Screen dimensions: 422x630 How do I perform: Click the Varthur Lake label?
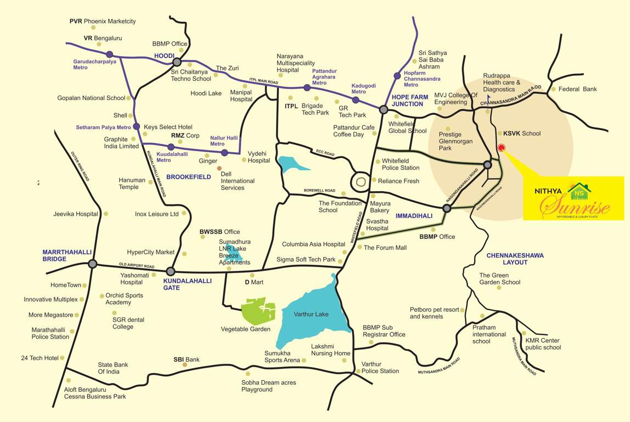[x=311, y=314]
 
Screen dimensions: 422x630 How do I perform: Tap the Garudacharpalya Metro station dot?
[x=110, y=54]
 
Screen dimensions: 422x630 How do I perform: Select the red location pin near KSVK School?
[x=500, y=148]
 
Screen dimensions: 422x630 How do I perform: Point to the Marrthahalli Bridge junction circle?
[x=92, y=264]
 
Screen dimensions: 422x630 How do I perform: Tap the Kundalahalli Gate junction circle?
[x=171, y=271]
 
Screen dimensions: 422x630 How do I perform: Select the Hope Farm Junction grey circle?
[x=384, y=109]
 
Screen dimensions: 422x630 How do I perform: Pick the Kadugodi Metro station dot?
[x=356, y=100]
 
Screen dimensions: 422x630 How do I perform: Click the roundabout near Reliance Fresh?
[x=361, y=180]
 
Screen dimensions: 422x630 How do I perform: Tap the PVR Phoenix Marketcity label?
[x=103, y=21]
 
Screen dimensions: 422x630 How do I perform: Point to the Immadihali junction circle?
[x=447, y=208]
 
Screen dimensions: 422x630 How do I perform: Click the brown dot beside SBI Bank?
[x=185, y=365]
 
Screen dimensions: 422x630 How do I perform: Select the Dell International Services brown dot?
[x=220, y=169]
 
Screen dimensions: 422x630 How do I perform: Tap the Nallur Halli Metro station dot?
[x=224, y=152]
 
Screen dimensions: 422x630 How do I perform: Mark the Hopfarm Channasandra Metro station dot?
[x=397, y=76]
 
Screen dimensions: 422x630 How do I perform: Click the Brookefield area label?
[x=188, y=177]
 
